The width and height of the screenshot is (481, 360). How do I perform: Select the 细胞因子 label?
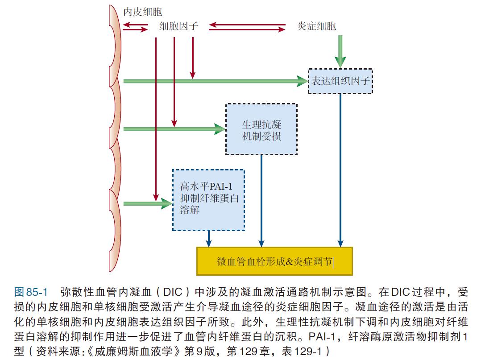[178, 27]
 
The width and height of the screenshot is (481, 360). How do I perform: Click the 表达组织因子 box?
[340, 81]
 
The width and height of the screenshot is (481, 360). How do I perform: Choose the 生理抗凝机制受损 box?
[261, 129]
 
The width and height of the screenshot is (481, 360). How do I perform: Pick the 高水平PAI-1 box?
[209, 200]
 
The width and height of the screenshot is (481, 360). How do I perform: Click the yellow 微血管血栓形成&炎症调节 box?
[274, 261]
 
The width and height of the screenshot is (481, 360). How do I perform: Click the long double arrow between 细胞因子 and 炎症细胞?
[248, 27]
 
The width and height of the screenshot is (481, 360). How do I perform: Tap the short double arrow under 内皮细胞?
[135, 27]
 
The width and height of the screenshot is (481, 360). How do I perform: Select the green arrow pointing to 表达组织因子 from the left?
[214, 81]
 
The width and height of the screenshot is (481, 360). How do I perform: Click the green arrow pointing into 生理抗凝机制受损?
[174, 129]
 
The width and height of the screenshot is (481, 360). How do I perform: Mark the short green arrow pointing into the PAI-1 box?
[147, 203]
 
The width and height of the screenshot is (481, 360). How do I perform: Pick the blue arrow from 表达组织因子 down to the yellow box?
[340, 170]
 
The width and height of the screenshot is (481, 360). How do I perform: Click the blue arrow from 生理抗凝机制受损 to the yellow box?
[261, 201]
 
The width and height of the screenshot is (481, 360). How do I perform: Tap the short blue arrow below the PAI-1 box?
[208, 239]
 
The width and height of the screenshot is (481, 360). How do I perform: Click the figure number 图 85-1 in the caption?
[31, 293]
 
